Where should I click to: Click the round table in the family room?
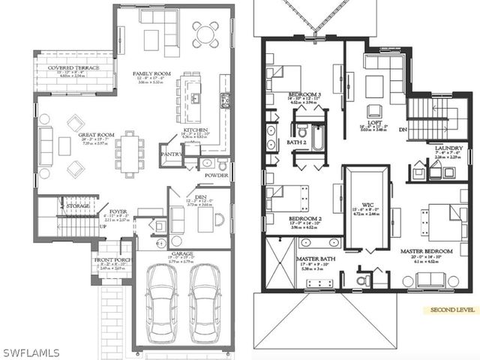tap(205, 34)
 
